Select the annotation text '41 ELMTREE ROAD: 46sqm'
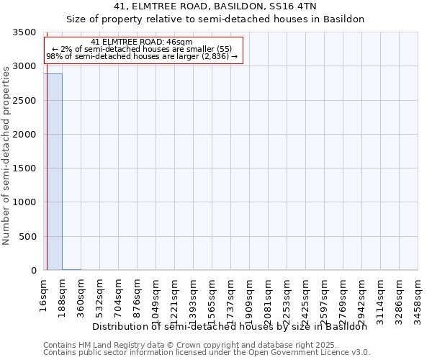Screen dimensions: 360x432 pos(143,42)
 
